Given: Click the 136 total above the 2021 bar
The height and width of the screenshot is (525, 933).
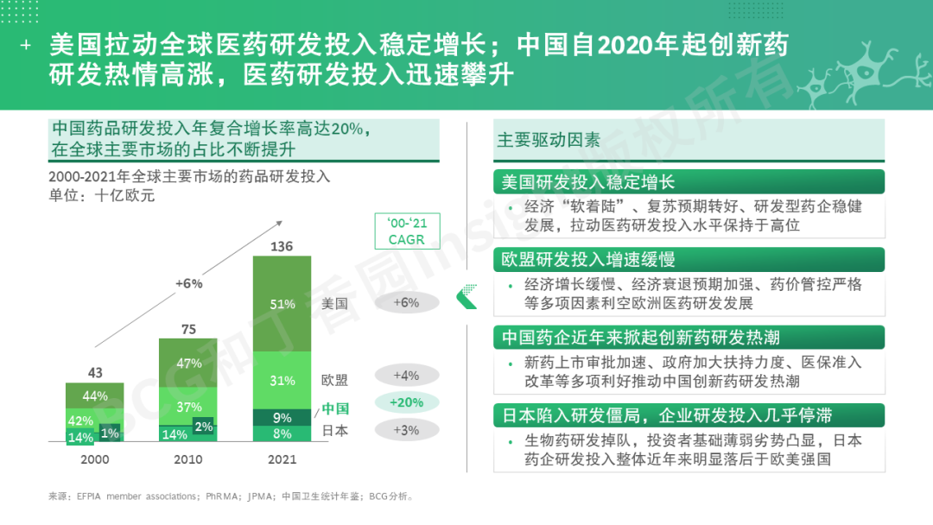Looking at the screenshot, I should [x=282, y=247].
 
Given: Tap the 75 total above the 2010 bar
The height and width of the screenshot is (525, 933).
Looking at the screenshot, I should [x=188, y=329].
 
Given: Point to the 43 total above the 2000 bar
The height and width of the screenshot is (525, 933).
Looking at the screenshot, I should [x=95, y=373].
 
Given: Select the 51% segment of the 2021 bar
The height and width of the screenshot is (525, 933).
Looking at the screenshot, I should [x=282, y=304].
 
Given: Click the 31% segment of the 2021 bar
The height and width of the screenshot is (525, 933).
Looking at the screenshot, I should [x=282, y=380].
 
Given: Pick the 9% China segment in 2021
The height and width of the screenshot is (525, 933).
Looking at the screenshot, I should [x=282, y=417].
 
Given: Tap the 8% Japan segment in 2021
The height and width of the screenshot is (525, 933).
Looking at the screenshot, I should [x=282, y=433].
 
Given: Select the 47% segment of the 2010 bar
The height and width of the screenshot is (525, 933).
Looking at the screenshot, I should [x=188, y=364].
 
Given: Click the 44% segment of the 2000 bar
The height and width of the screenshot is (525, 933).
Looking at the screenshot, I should [x=95, y=396].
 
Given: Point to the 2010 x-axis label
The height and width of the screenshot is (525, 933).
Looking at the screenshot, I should [x=188, y=459].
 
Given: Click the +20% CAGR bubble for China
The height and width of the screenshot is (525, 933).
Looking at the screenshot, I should [x=406, y=403].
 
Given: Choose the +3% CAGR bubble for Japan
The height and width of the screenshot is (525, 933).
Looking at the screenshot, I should [x=406, y=430].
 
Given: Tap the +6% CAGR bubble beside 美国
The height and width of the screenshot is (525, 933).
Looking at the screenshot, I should [x=406, y=302].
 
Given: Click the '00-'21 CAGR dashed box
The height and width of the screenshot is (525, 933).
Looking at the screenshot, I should [x=407, y=231].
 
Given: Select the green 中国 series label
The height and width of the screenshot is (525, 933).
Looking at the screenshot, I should [x=335, y=408].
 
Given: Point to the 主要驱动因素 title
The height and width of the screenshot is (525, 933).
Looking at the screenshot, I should [x=548, y=140].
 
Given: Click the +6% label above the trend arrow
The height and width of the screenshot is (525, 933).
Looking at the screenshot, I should [x=188, y=283].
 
